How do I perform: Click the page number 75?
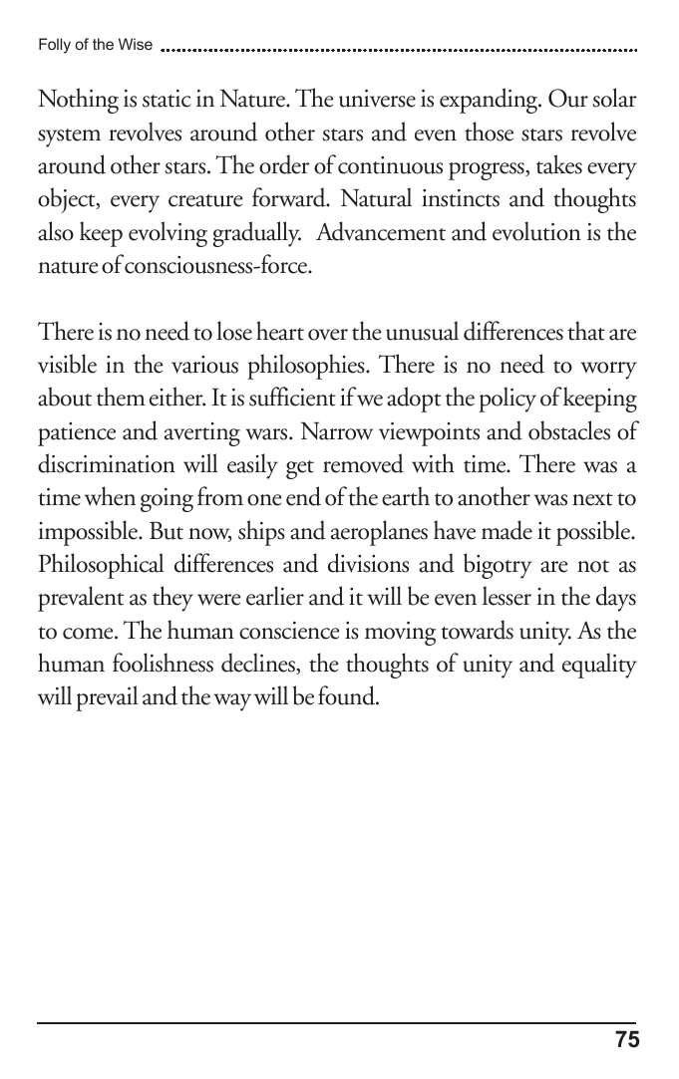[x=626, y=1040]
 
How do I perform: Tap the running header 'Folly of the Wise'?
[x=95, y=45]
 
